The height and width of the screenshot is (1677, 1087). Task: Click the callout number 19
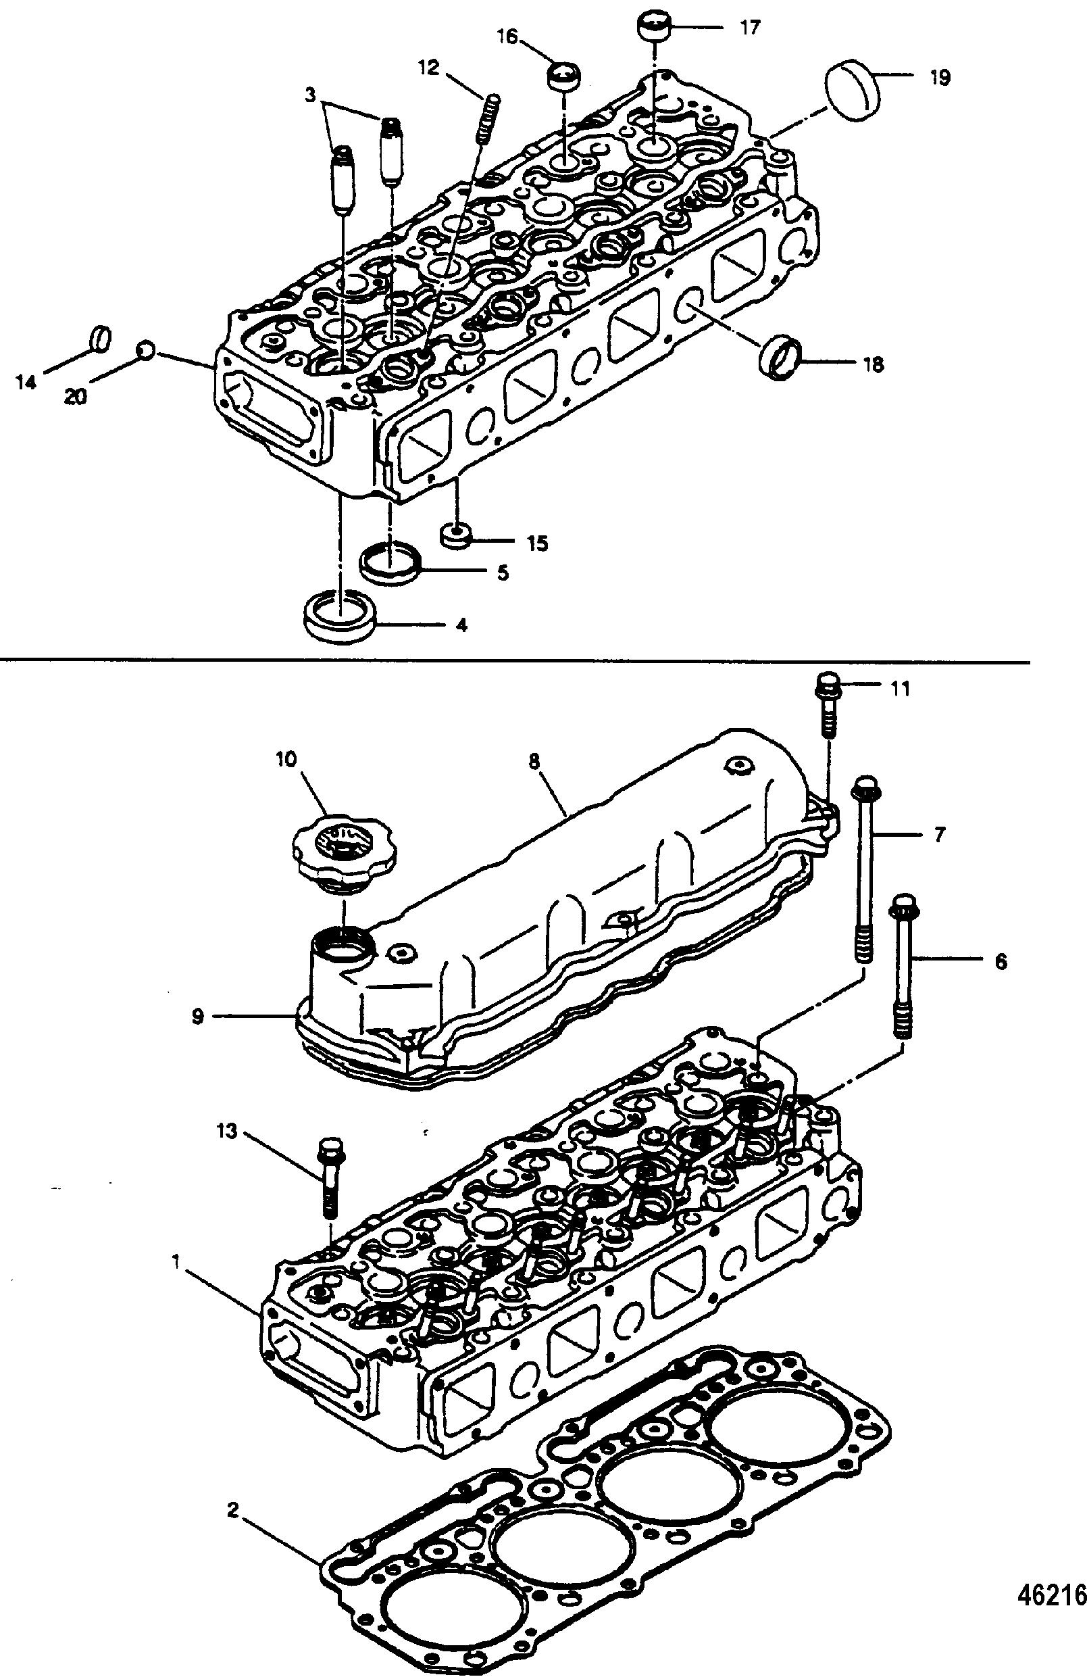[939, 77]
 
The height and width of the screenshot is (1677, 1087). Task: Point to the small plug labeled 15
[455, 535]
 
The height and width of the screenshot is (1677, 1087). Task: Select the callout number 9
[198, 1017]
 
